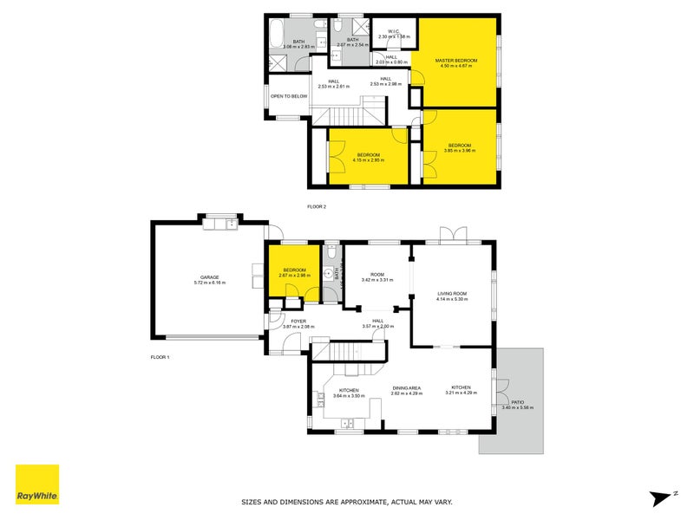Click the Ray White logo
37,484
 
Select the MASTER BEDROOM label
458,60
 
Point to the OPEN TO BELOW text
288,96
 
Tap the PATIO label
518,402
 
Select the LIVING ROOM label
453,294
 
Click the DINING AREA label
406,388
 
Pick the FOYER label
298,321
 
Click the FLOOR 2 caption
317,207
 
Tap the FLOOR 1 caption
160,357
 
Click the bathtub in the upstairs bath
277,36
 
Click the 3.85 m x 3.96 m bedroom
459,146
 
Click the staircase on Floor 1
345,350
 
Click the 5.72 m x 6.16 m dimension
209,283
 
